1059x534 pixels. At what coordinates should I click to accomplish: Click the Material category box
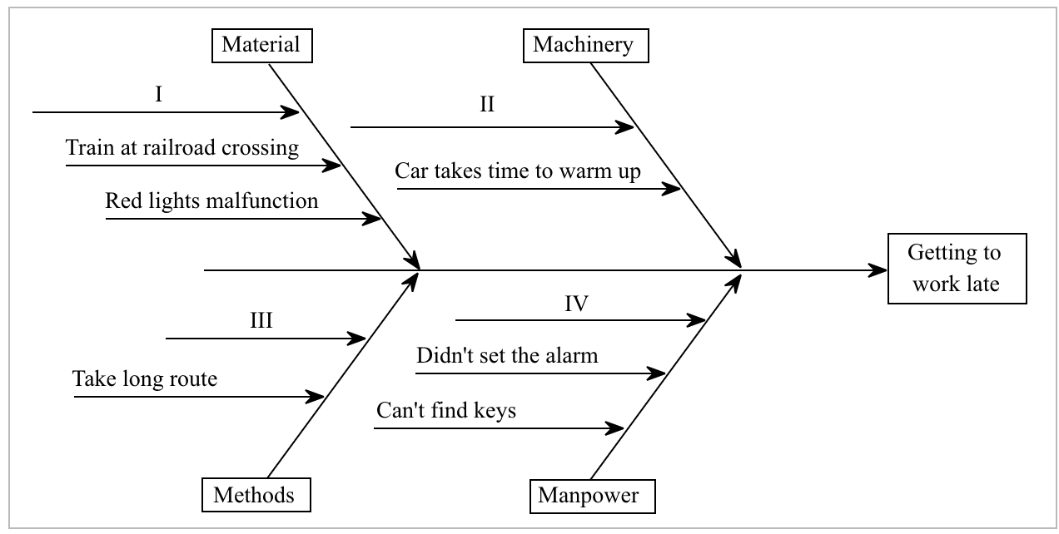point(261,45)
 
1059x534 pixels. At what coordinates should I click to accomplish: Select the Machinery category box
point(584,45)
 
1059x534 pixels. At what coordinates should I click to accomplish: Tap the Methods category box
point(254,495)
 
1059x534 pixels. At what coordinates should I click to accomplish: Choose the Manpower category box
point(589,497)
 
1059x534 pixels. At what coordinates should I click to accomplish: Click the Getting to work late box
point(955,268)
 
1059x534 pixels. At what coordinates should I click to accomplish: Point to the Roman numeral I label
point(158,94)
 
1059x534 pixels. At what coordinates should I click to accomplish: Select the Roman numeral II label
point(486,105)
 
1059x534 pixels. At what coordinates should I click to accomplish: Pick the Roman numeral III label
point(261,321)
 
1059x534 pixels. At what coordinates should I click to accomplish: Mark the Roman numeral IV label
point(576,304)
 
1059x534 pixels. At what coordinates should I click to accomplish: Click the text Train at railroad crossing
point(182,148)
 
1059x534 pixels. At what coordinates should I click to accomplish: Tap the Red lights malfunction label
point(211,200)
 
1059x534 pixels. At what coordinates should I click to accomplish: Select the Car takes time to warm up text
point(518,171)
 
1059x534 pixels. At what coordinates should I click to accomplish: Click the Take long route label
point(145,379)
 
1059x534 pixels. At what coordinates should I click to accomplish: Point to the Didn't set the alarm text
point(507,356)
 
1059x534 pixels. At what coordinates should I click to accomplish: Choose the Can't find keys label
point(446,411)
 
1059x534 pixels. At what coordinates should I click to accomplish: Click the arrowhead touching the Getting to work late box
point(878,270)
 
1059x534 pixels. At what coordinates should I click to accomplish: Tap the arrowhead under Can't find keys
point(615,428)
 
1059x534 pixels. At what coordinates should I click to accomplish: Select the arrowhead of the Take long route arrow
point(316,397)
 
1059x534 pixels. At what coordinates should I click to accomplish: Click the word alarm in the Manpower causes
point(572,356)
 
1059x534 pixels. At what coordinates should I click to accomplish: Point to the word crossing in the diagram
point(260,148)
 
